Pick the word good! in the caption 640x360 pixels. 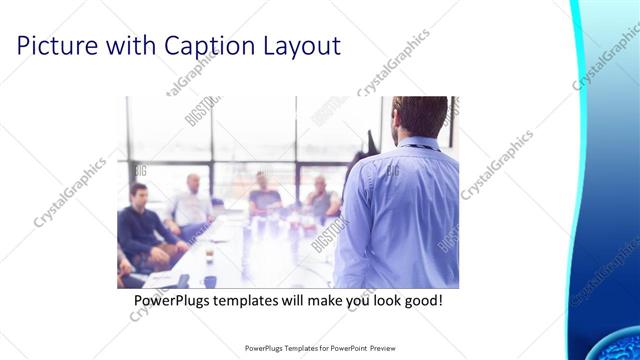[x=419, y=299]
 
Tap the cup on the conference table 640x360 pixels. [x=209, y=255]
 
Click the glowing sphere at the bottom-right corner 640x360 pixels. [x=611, y=344]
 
